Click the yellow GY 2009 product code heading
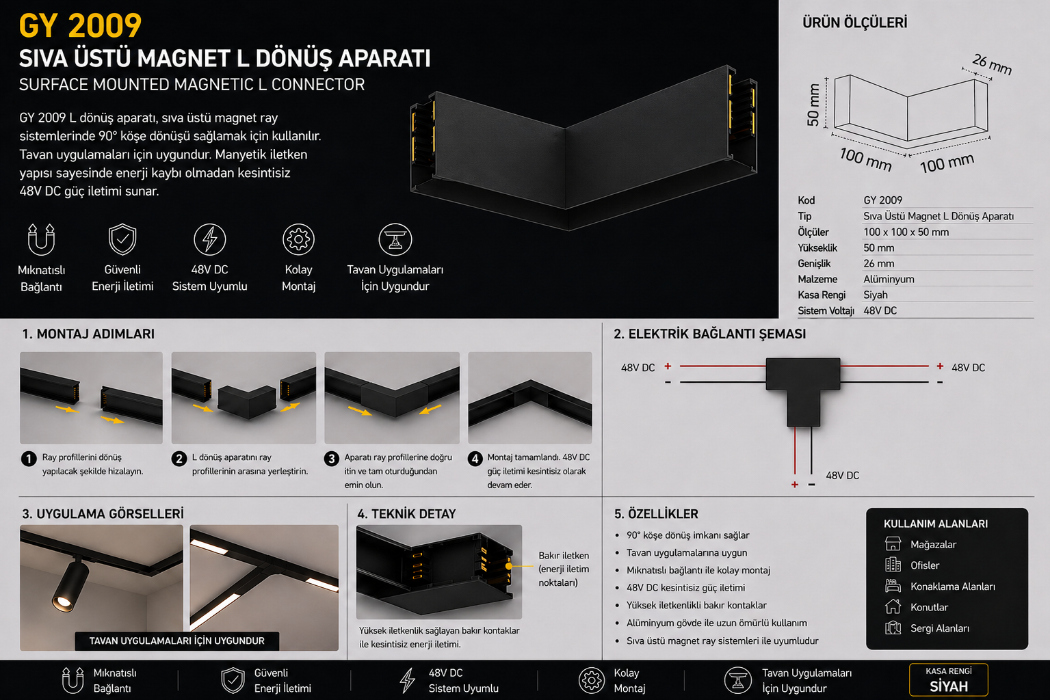[80, 26]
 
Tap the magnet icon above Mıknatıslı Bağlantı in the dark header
[41, 239]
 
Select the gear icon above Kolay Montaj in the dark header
[298, 239]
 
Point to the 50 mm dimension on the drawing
[813, 105]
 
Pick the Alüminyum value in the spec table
[889, 280]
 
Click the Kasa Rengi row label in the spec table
[822, 295]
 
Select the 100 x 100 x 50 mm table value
[906, 232]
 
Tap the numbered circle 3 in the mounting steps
[331, 458]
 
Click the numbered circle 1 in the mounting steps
[29, 458]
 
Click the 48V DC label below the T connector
[842, 476]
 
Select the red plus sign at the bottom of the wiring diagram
[795, 485]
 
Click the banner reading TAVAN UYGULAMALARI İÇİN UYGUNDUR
[176, 641]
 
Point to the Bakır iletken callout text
[564, 569]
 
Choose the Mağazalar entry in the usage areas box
[933, 544]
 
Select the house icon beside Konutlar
[893, 607]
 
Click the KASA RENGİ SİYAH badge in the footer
[948, 680]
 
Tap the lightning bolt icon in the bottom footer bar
[407, 680]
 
